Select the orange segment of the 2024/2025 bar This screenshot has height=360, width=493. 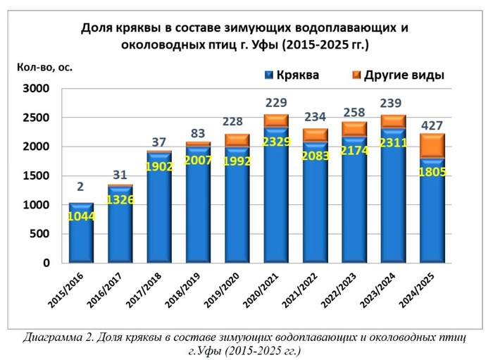click(432, 146)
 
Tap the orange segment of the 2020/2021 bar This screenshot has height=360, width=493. click(276, 120)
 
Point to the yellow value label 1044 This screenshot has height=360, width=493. click(82, 217)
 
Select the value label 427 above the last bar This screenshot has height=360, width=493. click(432, 126)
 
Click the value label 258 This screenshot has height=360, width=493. click(354, 113)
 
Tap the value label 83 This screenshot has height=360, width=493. click(198, 133)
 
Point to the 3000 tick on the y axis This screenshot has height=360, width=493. click(34, 89)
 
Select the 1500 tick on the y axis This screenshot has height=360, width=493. click(34, 176)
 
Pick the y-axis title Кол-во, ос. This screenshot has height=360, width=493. click(44, 68)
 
